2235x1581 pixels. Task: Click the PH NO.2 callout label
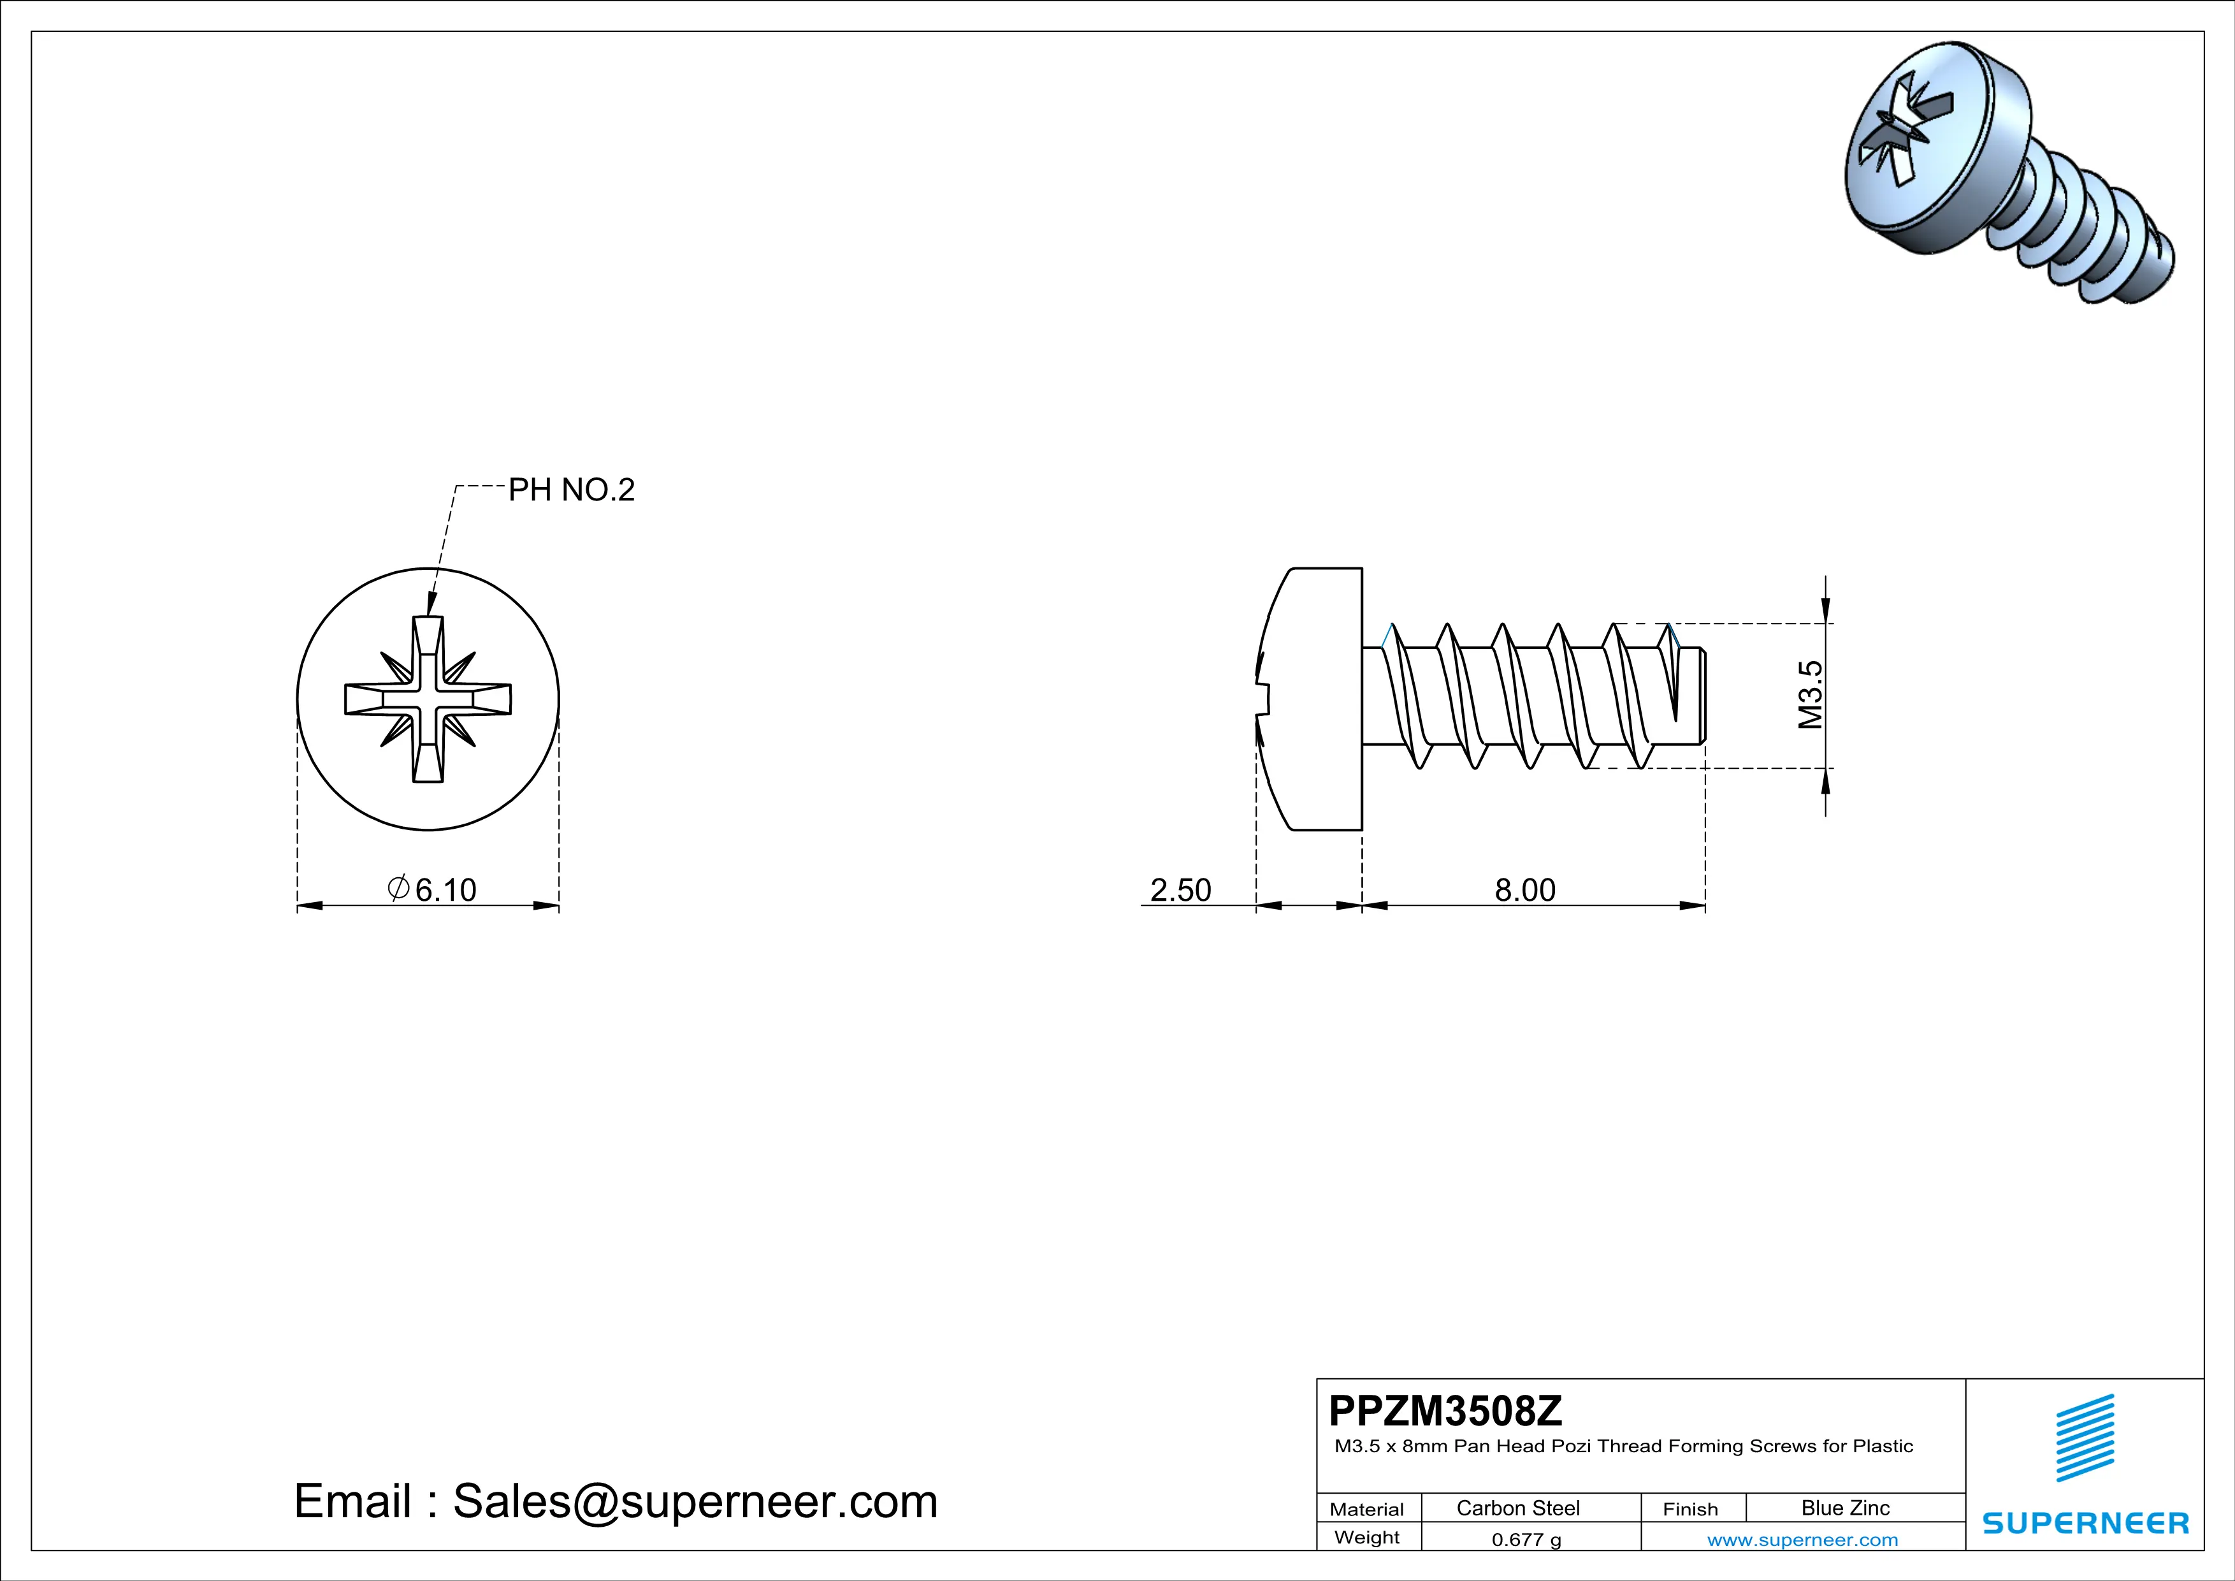pyautogui.click(x=572, y=490)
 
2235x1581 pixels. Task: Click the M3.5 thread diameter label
pyautogui.click(x=1810, y=695)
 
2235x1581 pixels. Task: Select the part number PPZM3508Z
pyautogui.click(x=1445, y=1411)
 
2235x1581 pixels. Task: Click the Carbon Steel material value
pyautogui.click(x=1517, y=1508)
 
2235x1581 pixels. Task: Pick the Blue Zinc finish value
pyautogui.click(x=1844, y=1508)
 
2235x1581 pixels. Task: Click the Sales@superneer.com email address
pyautogui.click(x=695, y=1501)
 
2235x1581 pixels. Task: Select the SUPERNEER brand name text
pyautogui.click(x=2085, y=1522)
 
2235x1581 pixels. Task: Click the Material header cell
pyautogui.click(x=1367, y=1509)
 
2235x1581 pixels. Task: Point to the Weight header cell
pyautogui.click(x=1367, y=1537)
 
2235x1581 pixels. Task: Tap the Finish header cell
pyautogui.click(x=1690, y=1509)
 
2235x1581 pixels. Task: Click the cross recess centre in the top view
pyautogui.click(x=428, y=699)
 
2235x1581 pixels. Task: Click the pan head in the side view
pyautogui.click(x=1314, y=699)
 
